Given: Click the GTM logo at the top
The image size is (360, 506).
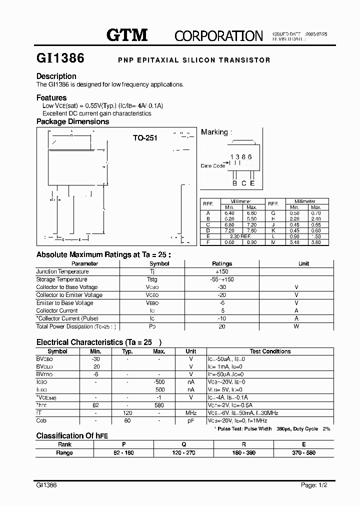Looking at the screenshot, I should [x=127, y=35].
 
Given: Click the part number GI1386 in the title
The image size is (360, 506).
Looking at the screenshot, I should [x=60, y=58].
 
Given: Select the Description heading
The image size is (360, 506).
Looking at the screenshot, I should [x=56, y=76].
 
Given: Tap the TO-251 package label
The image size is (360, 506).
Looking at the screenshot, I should [x=145, y=138].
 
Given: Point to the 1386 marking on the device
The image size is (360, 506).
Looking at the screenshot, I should [x=240, y=156].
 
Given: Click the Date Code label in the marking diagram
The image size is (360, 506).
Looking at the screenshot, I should [x=212, y=165].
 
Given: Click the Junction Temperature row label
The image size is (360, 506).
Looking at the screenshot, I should [x=62, y=271].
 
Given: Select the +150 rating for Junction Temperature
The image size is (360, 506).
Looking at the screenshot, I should [x=222, y=271].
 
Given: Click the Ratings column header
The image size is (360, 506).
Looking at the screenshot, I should [x=222, y=263].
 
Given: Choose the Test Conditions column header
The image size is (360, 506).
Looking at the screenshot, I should [x=270, y=351].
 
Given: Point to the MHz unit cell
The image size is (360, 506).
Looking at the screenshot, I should [x=191, y=413].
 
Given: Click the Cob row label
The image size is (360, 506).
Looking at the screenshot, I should [x=41, y=421].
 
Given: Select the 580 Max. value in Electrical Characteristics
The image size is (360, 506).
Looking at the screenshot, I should [x=159, y=405].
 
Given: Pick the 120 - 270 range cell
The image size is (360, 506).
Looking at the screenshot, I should [x=183, y=452].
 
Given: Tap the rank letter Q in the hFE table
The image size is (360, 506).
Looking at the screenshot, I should [x=183, y=444].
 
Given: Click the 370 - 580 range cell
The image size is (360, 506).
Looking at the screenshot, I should [x=303, y=452].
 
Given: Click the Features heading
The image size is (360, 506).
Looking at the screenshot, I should [x=51, y=97].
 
